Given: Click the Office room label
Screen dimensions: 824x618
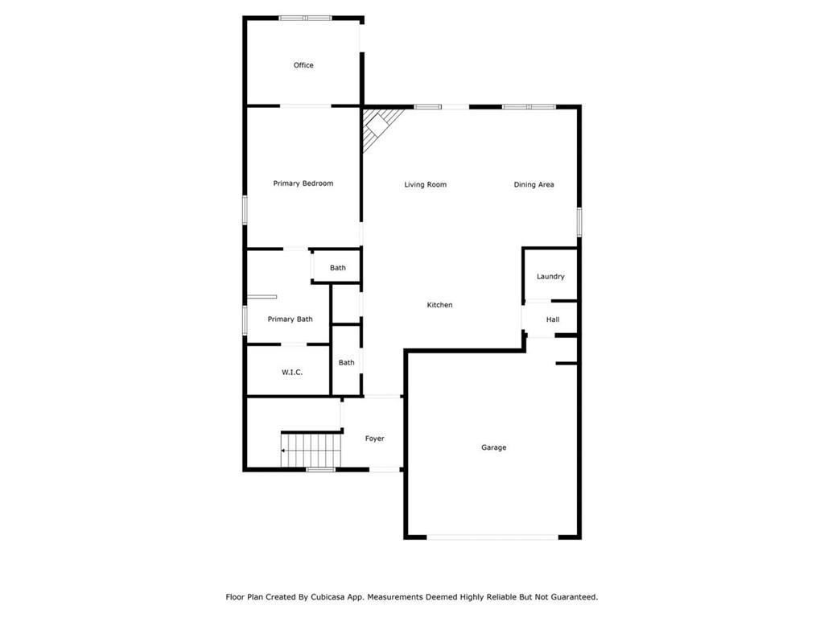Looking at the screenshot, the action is click(303, 65).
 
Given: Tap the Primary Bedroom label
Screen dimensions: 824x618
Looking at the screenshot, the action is click(303, 183).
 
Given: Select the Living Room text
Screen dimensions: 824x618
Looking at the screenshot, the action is click(425, 184).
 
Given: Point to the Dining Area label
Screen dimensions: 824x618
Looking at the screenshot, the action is click(534, 184).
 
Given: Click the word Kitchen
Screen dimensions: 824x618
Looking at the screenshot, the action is click(439, 305).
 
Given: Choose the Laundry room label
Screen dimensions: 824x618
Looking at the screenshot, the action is click(550, 277).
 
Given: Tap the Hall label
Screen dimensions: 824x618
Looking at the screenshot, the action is click(552, 319).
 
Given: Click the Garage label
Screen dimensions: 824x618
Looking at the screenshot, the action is click(493, 447).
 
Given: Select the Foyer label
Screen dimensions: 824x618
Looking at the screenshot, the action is click(374, 439).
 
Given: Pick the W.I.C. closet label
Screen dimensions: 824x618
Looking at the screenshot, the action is click(291, 372).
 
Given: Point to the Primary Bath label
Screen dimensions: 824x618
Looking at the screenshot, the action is click(290, 319).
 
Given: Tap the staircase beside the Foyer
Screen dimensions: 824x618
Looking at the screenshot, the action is click(311, 450).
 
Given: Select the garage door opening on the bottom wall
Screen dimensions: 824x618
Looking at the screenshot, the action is click(492, 537).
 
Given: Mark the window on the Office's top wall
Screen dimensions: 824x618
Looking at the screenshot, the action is click(305, 19).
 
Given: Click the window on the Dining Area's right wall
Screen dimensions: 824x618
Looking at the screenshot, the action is click(579, 222).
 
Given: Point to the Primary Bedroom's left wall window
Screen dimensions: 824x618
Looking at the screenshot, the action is click(245, 210).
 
